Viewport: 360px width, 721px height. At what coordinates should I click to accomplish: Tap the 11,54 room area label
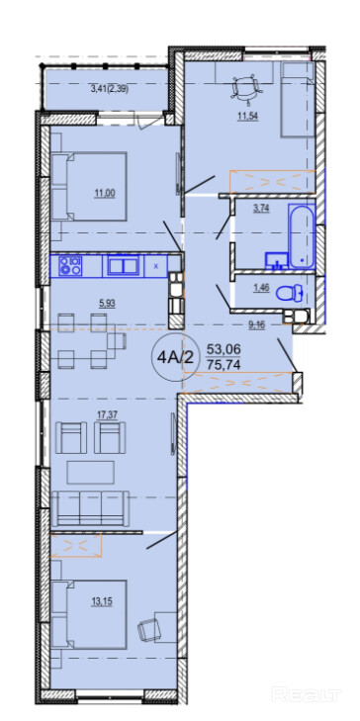point(248,117)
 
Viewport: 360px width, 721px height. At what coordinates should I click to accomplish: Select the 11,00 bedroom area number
point(105,194)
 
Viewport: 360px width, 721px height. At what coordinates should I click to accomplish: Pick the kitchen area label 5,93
point(106,303)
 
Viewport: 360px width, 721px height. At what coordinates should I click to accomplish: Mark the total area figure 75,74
point(224,365)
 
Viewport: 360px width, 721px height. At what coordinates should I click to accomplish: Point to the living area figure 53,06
point(224,349)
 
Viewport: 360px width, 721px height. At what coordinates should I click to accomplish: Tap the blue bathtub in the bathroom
point(302,235)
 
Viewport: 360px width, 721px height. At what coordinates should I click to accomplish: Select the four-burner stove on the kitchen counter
point(70,266)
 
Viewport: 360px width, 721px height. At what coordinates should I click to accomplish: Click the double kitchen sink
point(124,266)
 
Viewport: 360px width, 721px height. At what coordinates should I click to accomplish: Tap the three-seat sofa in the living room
point(90,507)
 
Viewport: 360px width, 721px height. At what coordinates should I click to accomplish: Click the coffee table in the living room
point(91,472)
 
